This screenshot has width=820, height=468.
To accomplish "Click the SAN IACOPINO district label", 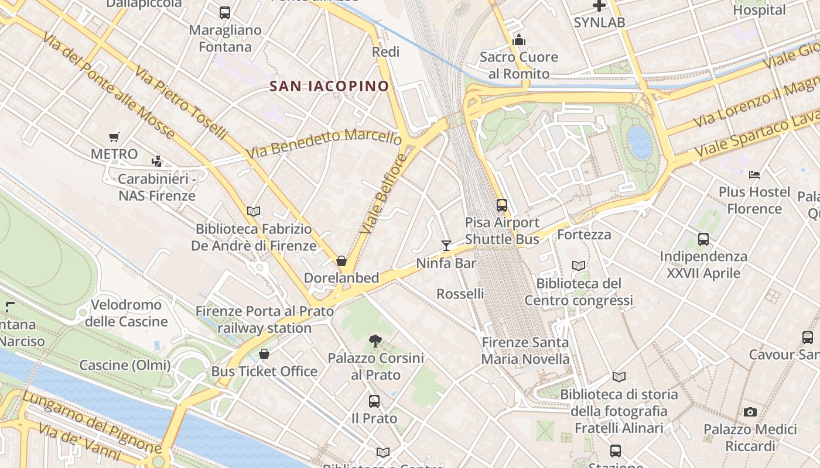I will [x=329, y=87].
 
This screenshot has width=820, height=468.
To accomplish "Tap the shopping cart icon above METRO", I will [x=114, y=137].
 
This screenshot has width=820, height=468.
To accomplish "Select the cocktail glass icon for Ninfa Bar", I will [x=446, y=245].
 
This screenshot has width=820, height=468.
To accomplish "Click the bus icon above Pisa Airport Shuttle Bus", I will [x=502, y=205].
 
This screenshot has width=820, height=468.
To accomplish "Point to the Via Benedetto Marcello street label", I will [x=323, y=144].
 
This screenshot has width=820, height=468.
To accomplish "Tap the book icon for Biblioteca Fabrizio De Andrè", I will [x=254, y=211].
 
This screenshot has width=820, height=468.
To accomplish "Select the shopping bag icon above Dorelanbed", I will [x=341, y=261].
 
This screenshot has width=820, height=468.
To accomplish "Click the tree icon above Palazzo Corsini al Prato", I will [x=375, y=340].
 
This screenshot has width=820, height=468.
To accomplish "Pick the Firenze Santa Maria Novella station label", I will [x=525, y=350].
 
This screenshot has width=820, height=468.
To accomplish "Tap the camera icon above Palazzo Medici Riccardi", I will [x=750, y=412].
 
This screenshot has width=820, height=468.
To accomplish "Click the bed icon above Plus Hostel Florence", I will [x=754, y=174].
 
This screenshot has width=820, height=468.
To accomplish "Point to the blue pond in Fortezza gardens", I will [x=639, y=142].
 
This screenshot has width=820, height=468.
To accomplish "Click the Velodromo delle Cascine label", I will [x=127, y=313].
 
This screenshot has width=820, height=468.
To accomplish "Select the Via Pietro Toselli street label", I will [x=180, y=102].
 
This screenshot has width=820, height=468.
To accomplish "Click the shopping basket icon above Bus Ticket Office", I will [x=264, y=354].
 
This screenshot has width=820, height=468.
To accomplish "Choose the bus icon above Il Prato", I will [x=374, y=401].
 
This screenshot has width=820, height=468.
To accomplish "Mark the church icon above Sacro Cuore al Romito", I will [x=518, y=40].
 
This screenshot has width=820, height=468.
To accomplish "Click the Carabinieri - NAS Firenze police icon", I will [x=156, y=161].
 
